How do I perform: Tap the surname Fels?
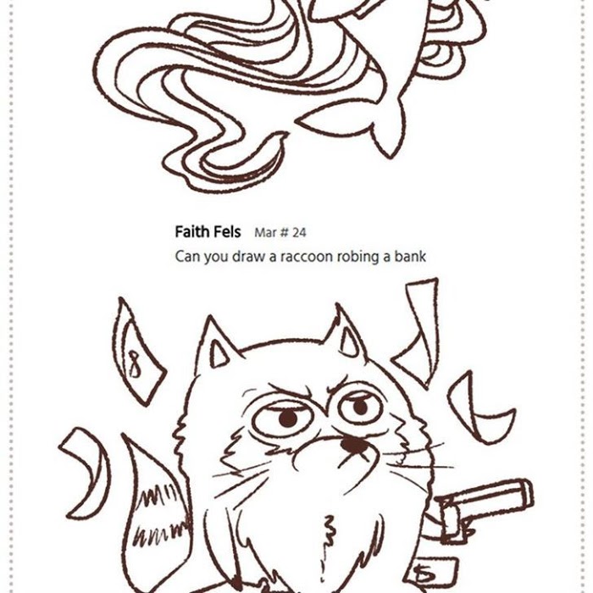click(x=226, y=231)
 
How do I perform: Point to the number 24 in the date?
click(x=299, y=233)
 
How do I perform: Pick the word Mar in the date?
click(x=265, y=233)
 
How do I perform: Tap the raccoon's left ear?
click(x=215, y=344)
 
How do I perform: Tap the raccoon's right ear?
click(x=346, y=333)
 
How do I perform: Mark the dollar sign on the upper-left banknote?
click(x=134, y=363)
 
